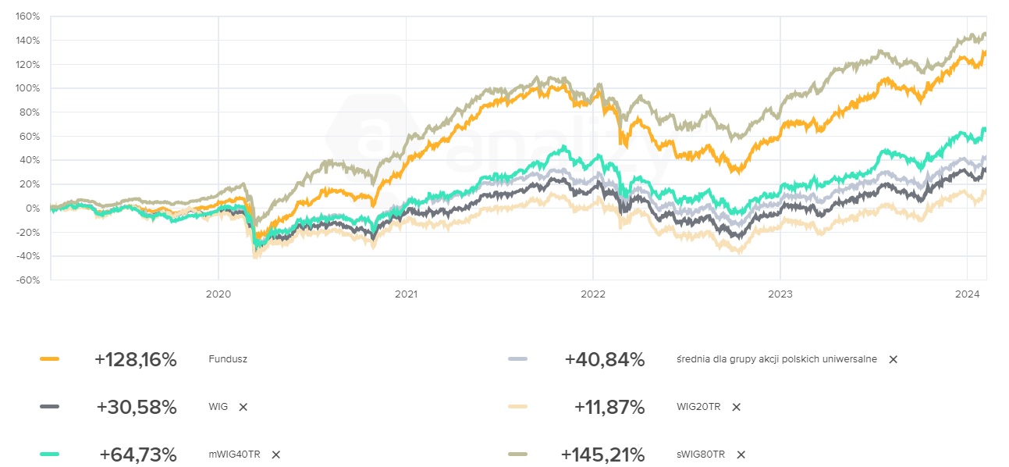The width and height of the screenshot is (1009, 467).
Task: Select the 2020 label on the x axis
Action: click(x=218, y=294)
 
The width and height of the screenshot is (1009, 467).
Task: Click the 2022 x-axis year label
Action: click(x=592, y=294)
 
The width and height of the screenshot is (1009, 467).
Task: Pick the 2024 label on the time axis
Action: click(x=967, y=294)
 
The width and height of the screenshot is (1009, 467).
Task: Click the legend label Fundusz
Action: click(x=228, y=360)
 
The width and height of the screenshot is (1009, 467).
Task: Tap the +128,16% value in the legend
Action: click(x=136, y=360)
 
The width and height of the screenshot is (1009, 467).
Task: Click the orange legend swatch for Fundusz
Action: click(x=49, y=359)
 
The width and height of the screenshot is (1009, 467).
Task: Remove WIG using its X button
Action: click(x=243, y=407)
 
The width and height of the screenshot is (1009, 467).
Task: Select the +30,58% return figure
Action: click(x=137, y=407)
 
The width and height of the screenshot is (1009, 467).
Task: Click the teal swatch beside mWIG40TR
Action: click(x=49, y=454)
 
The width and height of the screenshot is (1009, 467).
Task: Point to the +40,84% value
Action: click(x=605, y=360)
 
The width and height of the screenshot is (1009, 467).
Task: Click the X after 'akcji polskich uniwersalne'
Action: click(x=894, y=360)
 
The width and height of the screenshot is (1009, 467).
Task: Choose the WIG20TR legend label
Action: click(x=699, y=407)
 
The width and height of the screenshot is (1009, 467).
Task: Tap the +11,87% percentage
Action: click(x=609, y=407)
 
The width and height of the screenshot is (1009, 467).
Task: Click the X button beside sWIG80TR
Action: click(x=741, y=455)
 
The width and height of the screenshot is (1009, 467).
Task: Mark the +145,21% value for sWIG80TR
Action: click(x=603, y=455)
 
